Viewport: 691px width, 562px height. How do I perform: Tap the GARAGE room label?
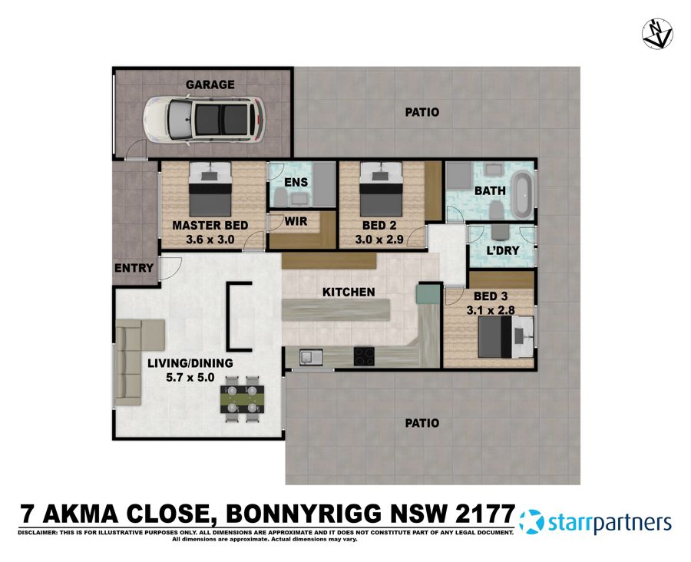210,84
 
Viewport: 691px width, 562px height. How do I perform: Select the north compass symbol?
657,33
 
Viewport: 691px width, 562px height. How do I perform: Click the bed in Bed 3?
502,339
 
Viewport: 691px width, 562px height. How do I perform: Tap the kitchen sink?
311,355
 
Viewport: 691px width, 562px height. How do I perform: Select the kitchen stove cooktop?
364,355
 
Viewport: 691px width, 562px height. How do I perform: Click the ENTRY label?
134,268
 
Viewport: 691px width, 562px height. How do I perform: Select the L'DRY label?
503,251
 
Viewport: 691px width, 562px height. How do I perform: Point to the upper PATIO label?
422,112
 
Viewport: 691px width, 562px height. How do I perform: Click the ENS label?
296,182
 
